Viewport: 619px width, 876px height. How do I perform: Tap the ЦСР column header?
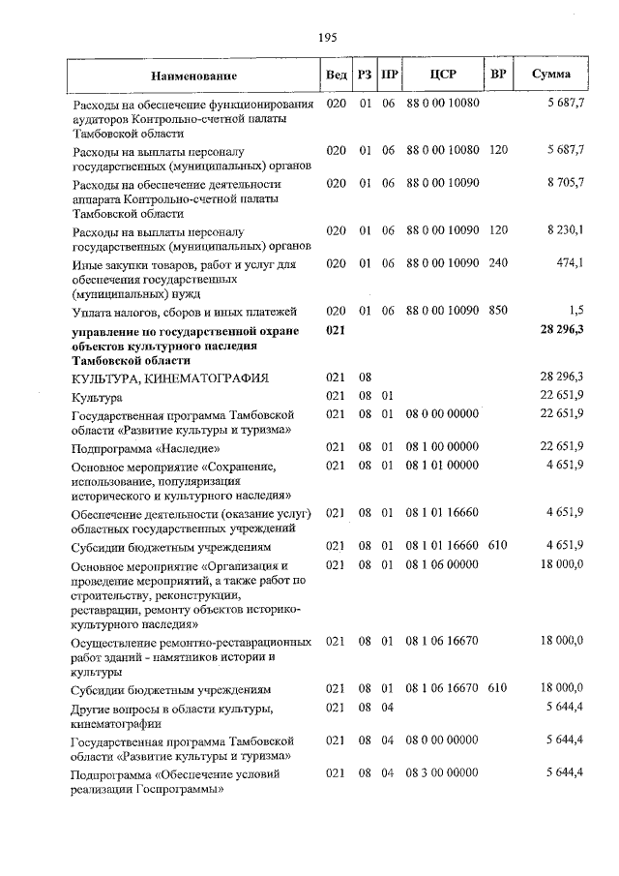(x=442, y=75)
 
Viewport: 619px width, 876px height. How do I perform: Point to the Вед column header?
(x=337, y=75)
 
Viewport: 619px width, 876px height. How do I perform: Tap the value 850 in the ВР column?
(x=498, y=311)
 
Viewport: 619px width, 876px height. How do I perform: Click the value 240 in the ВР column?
(x=498, y=262)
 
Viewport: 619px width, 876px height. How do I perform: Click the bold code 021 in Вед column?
(x=336, y=331)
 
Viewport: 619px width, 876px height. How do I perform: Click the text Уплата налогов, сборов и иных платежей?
(x=184, y=311)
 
